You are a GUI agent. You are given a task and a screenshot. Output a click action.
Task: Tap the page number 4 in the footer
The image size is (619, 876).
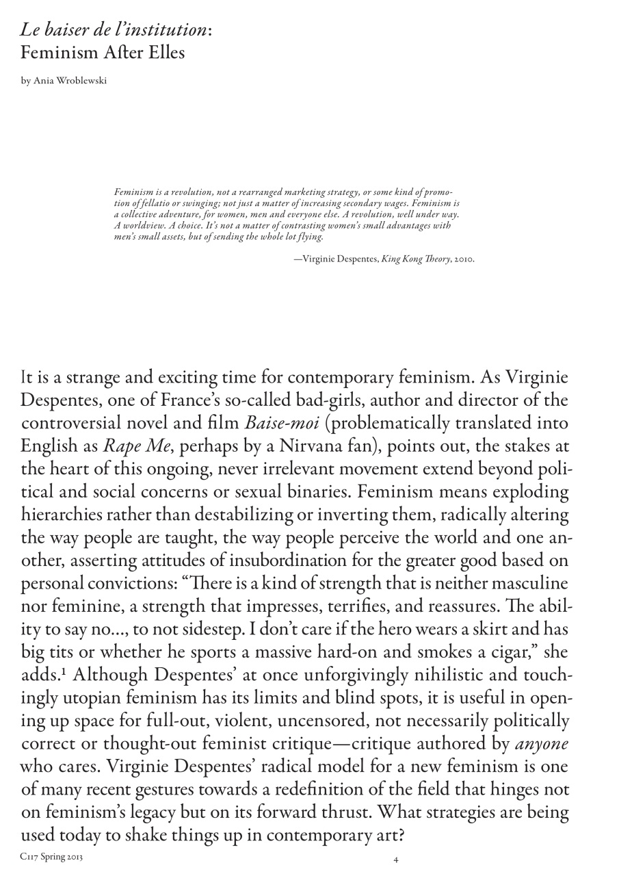click(396, 860)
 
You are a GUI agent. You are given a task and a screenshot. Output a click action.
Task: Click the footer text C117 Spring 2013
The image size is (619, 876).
click(51, 857)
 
